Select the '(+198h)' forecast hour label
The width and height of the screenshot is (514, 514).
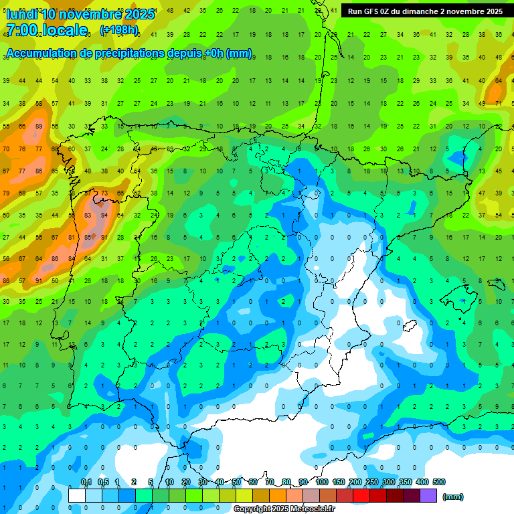[118, 30]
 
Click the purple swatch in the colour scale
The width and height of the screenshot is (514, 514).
[429, 496]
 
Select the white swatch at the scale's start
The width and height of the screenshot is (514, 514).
[77, 496]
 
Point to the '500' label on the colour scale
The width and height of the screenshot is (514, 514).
[439, 482]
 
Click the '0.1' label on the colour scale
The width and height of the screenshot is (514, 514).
[86, 482]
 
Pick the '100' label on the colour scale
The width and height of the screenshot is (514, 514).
[322, 482]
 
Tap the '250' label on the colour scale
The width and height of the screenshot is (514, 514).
[372, 482]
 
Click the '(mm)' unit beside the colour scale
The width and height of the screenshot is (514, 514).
[453, 497]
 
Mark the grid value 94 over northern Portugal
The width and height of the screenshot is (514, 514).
[104, 216]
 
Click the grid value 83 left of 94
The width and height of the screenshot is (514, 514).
[88, 216]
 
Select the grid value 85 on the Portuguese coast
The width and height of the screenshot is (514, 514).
[88, 237]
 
